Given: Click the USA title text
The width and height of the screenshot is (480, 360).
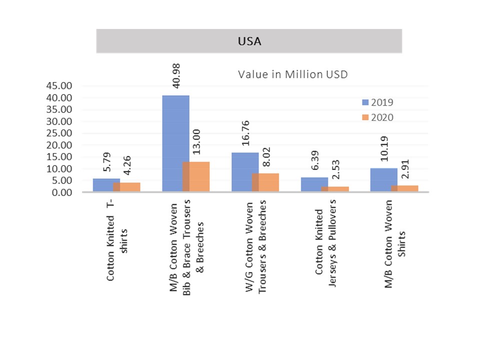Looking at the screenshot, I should pyautogui.click(x=249, y=41).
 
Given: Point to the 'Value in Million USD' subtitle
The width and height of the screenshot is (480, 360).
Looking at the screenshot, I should pyautogui.click(x=292, y=74).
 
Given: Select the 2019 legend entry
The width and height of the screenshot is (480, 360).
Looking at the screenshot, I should pyautogui.click(x=378, y=102).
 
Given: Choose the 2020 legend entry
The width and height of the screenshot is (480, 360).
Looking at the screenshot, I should pyautogui.click(x=378, y=117).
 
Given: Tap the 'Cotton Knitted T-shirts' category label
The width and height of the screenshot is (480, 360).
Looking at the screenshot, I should pyautogui.click(x=117, y=240).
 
